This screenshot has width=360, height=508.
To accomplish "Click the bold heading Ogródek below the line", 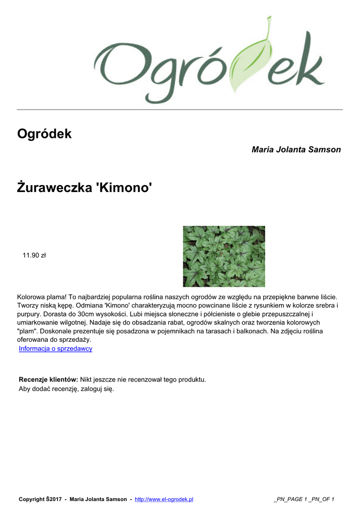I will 44,133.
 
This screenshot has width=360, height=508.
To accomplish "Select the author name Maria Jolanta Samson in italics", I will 296,149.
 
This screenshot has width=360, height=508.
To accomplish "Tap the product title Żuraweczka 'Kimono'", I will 84,188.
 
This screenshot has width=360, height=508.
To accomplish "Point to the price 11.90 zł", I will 34,255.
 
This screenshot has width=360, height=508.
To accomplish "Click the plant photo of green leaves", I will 224,256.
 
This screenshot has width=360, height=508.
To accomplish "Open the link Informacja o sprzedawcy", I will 56,349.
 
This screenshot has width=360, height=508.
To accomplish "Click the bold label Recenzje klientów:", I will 48,380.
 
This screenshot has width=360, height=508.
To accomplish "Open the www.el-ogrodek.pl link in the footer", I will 164,499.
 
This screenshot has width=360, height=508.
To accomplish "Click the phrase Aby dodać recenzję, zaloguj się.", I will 67,389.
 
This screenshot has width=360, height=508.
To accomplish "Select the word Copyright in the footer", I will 32,499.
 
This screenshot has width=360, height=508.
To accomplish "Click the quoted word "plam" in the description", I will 27,331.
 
